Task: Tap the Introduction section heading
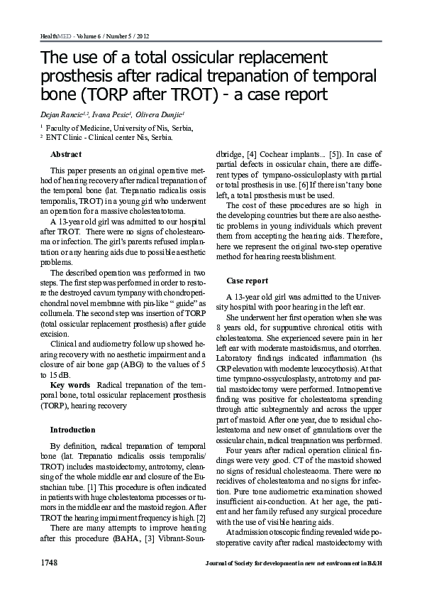72,430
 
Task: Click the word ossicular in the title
199,56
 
